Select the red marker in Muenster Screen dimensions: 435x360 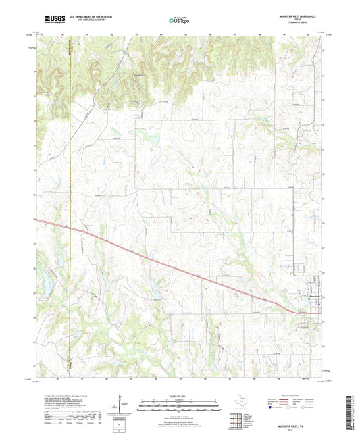tap(317, 303)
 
